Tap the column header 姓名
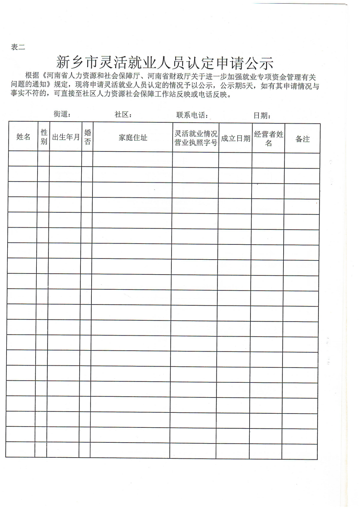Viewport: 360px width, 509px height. click(x=23, y=137)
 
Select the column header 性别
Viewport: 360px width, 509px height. click(x=44, y=137)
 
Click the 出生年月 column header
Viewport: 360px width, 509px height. click(x=66, y=137)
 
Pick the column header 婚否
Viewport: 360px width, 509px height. click(x=88, y=137)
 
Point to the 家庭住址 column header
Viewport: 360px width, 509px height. click(x=133, y=137)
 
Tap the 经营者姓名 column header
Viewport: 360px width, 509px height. click(x=268, y=138)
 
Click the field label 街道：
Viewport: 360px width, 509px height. click(x=62, y=114)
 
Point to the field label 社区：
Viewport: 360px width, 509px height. click(x=123, y=114)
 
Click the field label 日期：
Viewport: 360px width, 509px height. click(x=262, y=115)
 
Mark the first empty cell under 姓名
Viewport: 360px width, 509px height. click(x=23, y=159)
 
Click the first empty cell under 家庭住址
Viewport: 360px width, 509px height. click(x=133, y=159)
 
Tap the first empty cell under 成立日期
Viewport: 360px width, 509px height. click(x=235, y=160)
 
